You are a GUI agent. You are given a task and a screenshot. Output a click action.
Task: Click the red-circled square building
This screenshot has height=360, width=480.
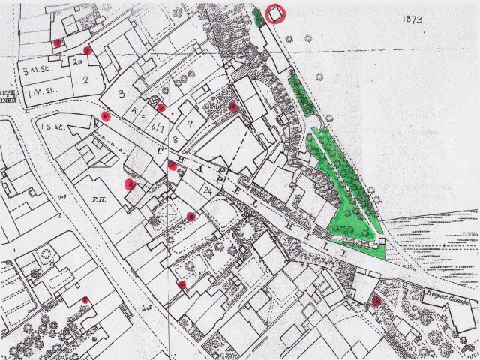tap(275, 13)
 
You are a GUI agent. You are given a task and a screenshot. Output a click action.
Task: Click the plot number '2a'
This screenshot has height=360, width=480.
tap(77, 63)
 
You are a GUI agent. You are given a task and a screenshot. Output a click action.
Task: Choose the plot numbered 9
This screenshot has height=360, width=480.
tap(190, 123)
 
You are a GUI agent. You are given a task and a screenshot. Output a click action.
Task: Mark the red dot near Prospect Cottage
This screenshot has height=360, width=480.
tap(376, 301)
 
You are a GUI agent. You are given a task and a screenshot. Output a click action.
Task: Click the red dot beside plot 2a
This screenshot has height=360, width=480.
tap(88, 51)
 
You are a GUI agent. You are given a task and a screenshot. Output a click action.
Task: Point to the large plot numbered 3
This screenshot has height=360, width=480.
tap(121, 94)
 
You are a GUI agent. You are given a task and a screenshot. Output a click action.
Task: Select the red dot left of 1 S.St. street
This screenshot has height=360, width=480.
tap(106, 115)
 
